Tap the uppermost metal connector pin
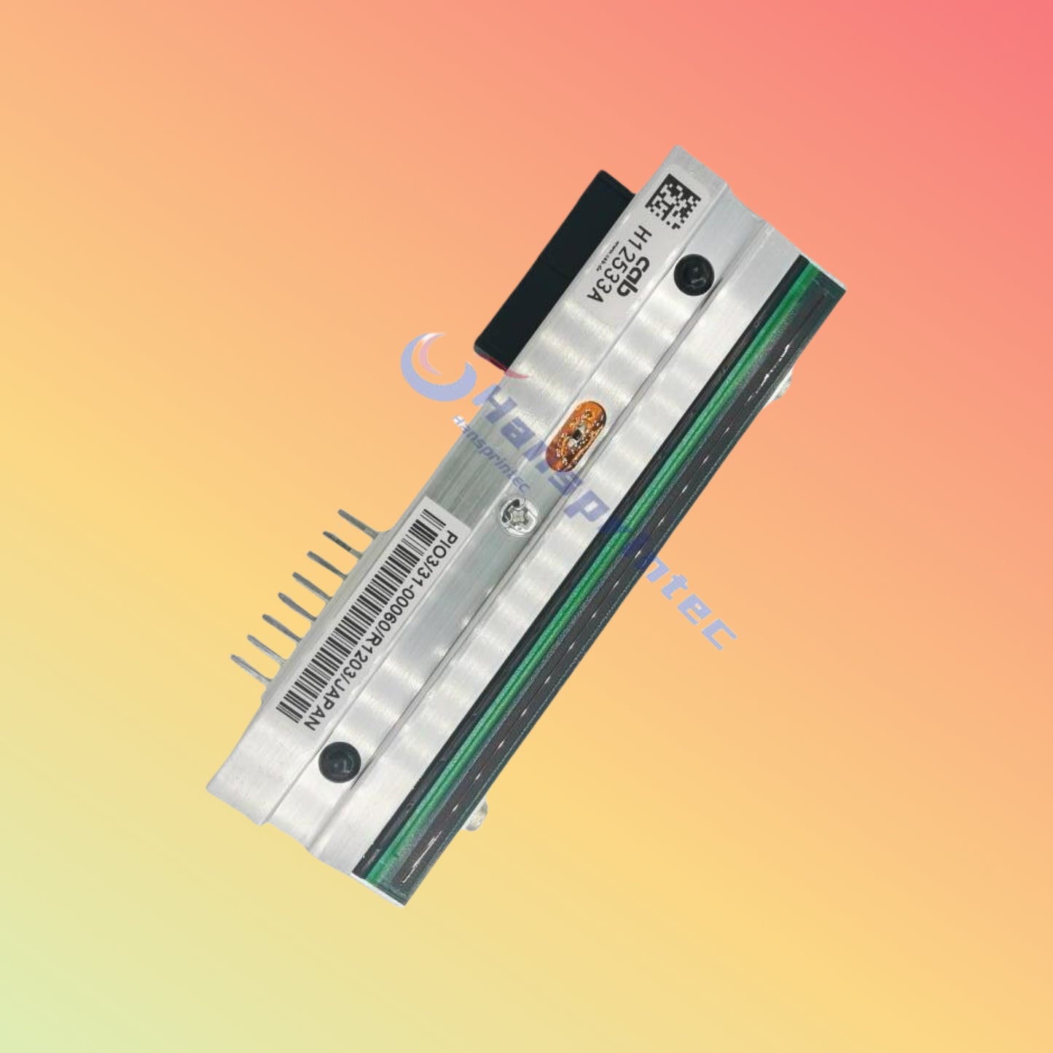click(357, 522)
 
